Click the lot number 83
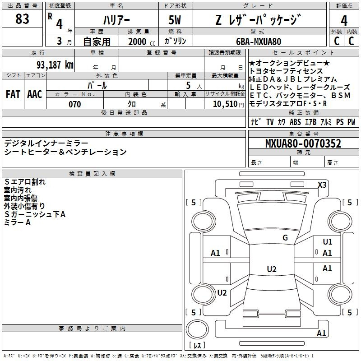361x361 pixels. [23, 19]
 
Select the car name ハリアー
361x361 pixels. [116, 21]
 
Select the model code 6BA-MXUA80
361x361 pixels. [259, 42]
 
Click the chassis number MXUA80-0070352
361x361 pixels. [303, 144]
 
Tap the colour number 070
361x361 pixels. [75, 104]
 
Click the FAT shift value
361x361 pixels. [13, 94]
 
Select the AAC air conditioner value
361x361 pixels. [35, 94]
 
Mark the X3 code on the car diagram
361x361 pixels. [322, 185]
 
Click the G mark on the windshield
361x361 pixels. [285, 238]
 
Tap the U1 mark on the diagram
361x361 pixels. [327, 242]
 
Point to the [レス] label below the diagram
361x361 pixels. [197, 346]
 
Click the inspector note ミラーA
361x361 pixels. [17, 222]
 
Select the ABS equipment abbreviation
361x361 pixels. [295, 122]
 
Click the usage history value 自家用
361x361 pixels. [97, 42]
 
